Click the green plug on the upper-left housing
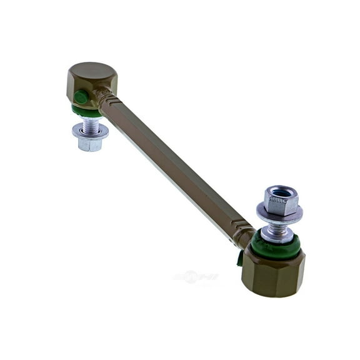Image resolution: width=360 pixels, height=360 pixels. coord(81,97)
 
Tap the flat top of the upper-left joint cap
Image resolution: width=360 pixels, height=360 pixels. coord(92,70)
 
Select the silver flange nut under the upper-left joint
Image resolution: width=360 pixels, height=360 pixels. coord(90,134)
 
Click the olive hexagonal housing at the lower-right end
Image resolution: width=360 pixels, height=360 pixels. coord(274,272)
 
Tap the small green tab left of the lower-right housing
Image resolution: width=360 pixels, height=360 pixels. coord(240,257)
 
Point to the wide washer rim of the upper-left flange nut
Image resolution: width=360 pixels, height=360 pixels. coord(90,131)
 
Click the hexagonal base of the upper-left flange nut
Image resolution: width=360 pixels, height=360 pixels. coord(90,143)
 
